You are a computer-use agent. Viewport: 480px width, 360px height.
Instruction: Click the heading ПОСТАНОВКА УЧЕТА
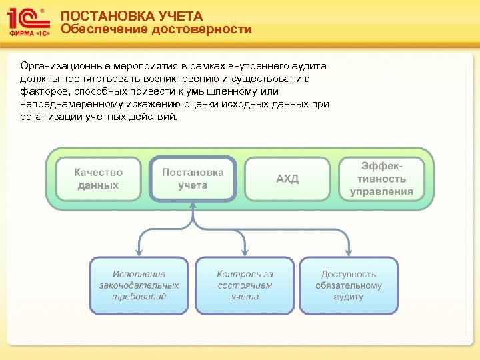tap(131, 15)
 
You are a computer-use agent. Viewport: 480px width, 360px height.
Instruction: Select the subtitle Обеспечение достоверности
tap(156, 29)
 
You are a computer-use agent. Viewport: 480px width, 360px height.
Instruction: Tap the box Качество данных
tap(98, 179)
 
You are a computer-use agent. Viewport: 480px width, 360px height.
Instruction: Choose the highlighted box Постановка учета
tap(193, 179)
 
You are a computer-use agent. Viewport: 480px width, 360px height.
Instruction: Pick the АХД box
tap(287, 179)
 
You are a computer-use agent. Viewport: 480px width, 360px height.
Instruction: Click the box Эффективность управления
tap(382, 179)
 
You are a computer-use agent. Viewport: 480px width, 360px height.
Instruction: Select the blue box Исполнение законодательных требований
tap(139, 285)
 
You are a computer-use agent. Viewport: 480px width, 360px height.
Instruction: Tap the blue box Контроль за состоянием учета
tap(244, 285)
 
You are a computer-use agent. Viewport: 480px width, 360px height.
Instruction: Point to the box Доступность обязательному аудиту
tap(349, 285)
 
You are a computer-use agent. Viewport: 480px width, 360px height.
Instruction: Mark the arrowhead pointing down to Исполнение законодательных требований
tap(139, 252)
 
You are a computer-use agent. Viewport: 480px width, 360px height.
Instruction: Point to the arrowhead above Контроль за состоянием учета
tap(244, 252)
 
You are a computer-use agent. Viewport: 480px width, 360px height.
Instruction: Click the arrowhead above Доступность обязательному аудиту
tap(349, 252)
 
